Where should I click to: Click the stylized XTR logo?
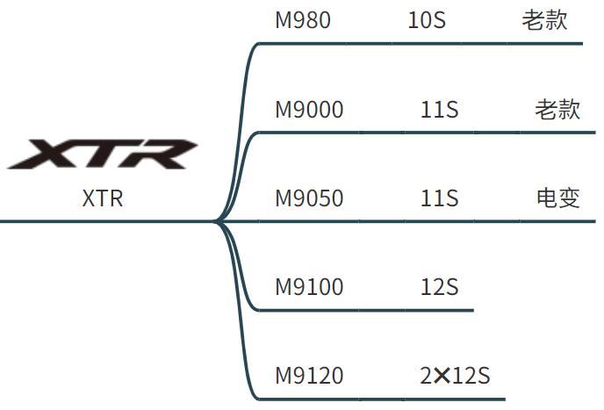pyautogui.click(x=103, y=154)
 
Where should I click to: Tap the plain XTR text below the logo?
pyautogui.click(x=103, y=198)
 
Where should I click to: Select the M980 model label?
pyautogui.click(x=303, y=20)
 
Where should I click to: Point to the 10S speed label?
pyautogui.click(x=427, y=20)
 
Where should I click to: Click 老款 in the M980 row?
pyautogui.click(x=544, y=20)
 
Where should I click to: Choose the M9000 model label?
pyautogui.click(x=309, y=110)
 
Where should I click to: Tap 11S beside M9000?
pyautogui.click(x=439, y=110)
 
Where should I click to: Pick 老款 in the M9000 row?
pyautogui.click(x=557, y=110)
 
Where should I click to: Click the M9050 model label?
pyautogui.click(x=309, y=198)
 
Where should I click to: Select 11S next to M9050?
pyautogui.click(x=439, y=198)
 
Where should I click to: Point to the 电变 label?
pyautogui.click(x=557, y=198)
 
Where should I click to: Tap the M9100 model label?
pyautogui.click(x=309, y=287)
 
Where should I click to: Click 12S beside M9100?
pyautogui.click(x=439, y=287)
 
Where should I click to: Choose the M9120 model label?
pyautogui.click(x=309, y=376)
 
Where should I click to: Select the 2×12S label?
pyautogui.click(x=454, y=376)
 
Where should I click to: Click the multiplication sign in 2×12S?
pyautogui.click(x=442, y=377)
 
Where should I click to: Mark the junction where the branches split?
pyautogui.click(x=218, y=221)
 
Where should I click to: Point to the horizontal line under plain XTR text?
pyautogui.click(x=105, y=221)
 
